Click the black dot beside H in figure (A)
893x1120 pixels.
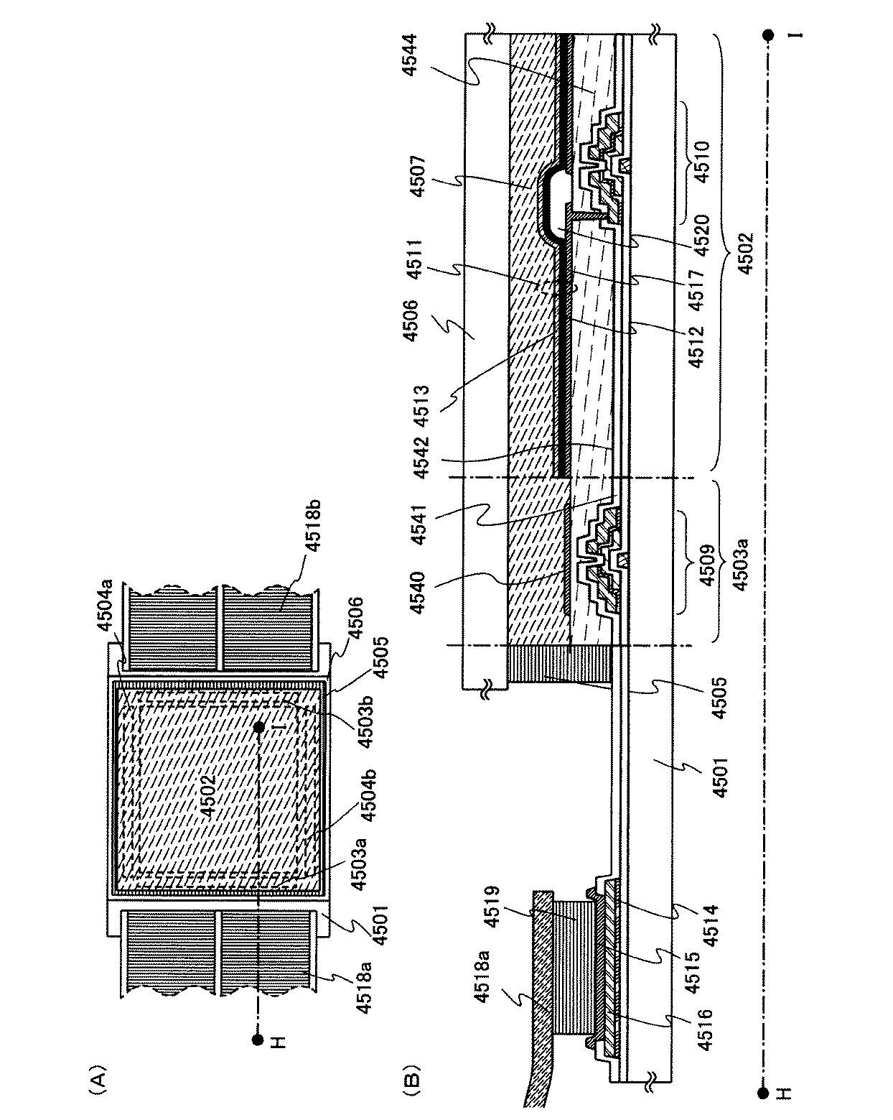257,1039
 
